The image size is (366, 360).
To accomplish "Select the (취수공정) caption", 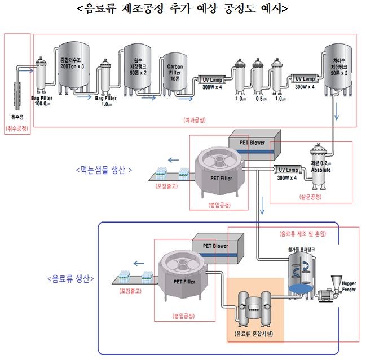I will click(x=16, y=128).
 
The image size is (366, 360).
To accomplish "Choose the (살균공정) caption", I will click(x=310, y=197).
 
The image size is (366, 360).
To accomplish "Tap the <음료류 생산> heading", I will click(x=70, y=278).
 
